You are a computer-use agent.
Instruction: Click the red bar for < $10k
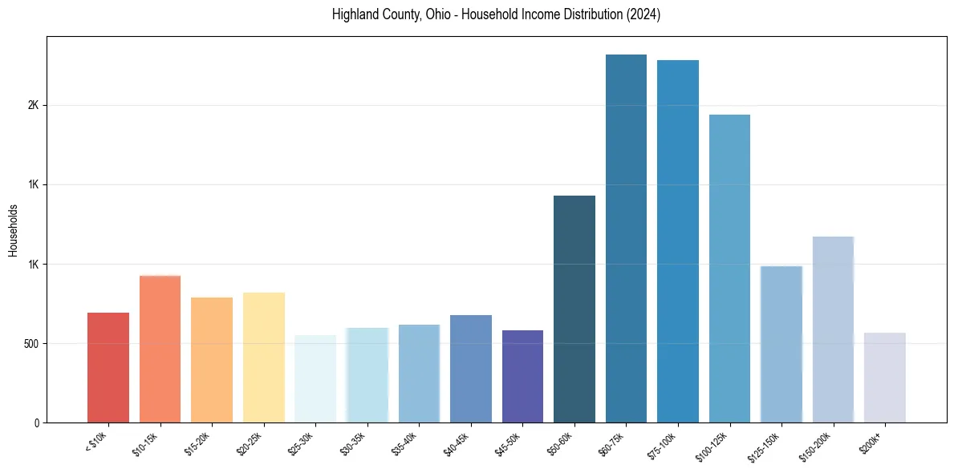pos(108,367)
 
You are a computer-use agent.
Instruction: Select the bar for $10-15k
pos(160,349)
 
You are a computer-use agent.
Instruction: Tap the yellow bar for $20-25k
pos(263,357)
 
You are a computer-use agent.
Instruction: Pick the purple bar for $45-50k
pos(522,376)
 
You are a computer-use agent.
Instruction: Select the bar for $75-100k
pos(677,241)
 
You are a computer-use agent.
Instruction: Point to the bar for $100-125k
pos(729,269)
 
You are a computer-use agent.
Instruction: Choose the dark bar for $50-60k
pos(574,309)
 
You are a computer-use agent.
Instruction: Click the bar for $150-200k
pos(833,329)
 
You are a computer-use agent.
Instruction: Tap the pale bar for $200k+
pos(884,377)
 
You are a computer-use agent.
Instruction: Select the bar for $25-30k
pos(315,378)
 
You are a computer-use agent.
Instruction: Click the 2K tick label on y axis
pos(33,106)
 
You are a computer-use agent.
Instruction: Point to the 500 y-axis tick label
pos(30,343)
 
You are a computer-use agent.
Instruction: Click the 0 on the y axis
pos(36,422)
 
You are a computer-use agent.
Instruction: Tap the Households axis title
pos(13,229)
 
